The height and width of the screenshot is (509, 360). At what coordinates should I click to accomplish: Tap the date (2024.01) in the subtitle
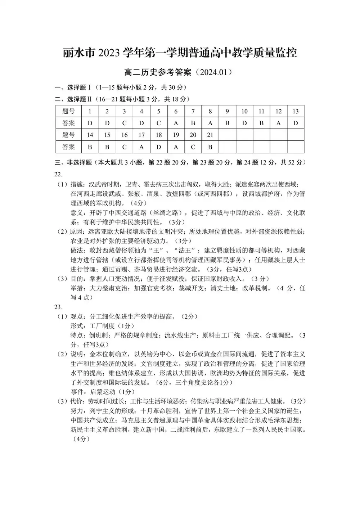click(x=212, y=72)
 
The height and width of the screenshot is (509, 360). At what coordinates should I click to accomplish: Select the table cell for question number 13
click(x=296, y=111)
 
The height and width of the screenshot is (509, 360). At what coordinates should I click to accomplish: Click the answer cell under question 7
click(x=193, y=123)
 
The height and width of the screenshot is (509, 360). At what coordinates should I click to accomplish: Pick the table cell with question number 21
click(x=210, y=135)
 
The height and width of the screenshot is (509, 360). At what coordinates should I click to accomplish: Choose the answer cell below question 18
click(x=159, y=147)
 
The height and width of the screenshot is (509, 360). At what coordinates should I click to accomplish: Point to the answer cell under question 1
click(x=90, y=123)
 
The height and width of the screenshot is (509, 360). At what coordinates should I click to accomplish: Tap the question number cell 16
click(x=125, y=135)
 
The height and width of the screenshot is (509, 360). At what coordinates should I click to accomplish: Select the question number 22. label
click(x=58, y=175)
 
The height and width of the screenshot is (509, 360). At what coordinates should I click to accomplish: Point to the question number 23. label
click(x=58, y=307)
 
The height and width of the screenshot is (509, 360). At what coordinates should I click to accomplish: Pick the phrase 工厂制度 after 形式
click(x=102, y=326)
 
